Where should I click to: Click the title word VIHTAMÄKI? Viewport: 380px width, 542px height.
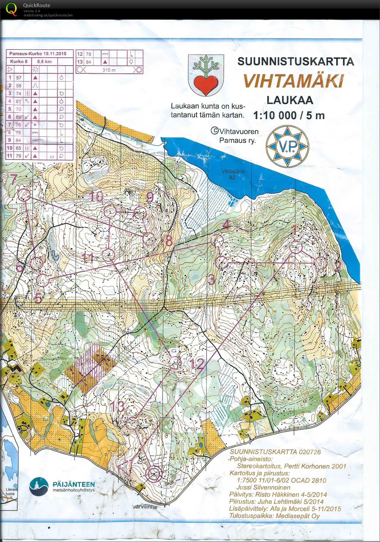pos(293,81)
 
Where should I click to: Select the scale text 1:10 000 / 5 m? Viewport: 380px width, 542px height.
pos(289,115)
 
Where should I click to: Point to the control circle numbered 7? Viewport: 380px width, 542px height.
pos(24,195)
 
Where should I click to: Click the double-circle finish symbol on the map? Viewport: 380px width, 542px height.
pos(154,474)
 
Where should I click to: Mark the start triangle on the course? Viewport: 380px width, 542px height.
pos(125,468)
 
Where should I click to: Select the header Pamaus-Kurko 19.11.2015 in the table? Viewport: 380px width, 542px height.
pos(37,54)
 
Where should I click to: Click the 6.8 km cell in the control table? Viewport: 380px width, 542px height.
pos(44,62)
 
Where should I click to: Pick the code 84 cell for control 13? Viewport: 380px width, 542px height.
pos(88,62)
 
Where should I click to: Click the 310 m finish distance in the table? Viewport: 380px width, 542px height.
pos(109,70)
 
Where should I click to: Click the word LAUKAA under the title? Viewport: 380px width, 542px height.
pos(290,100)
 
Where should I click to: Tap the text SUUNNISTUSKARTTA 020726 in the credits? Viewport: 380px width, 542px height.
pos(275,452)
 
